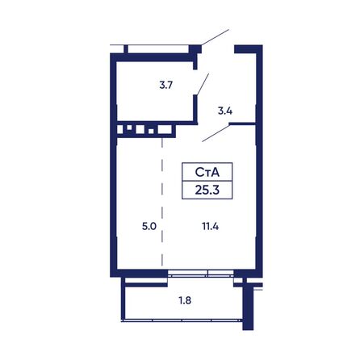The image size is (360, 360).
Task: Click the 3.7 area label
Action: pos(165,86)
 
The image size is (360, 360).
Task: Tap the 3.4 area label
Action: pos(225,111)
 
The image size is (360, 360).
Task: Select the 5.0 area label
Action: pos(149,227)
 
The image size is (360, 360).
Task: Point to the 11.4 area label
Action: pos(211,227)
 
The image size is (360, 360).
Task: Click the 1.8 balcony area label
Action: pos(185,300)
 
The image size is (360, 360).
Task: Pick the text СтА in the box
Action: pos(207,172)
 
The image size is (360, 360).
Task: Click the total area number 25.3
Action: pos(207,190)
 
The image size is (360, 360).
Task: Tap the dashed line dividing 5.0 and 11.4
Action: pos(162,203)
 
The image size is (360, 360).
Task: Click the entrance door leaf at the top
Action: pos(216,37)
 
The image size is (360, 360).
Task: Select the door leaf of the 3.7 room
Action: pos(203,84)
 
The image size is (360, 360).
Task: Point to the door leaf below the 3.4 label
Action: pos(216,132)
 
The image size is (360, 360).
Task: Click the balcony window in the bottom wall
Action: pos(201,274)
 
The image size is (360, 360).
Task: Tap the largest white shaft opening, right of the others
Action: pos(165,129)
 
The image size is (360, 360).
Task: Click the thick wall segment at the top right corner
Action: pos(249,48)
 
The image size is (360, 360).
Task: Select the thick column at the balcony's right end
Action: pos(246,305)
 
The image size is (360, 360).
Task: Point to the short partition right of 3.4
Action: pos(242,123)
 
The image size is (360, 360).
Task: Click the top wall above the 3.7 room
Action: pos(153,57)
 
